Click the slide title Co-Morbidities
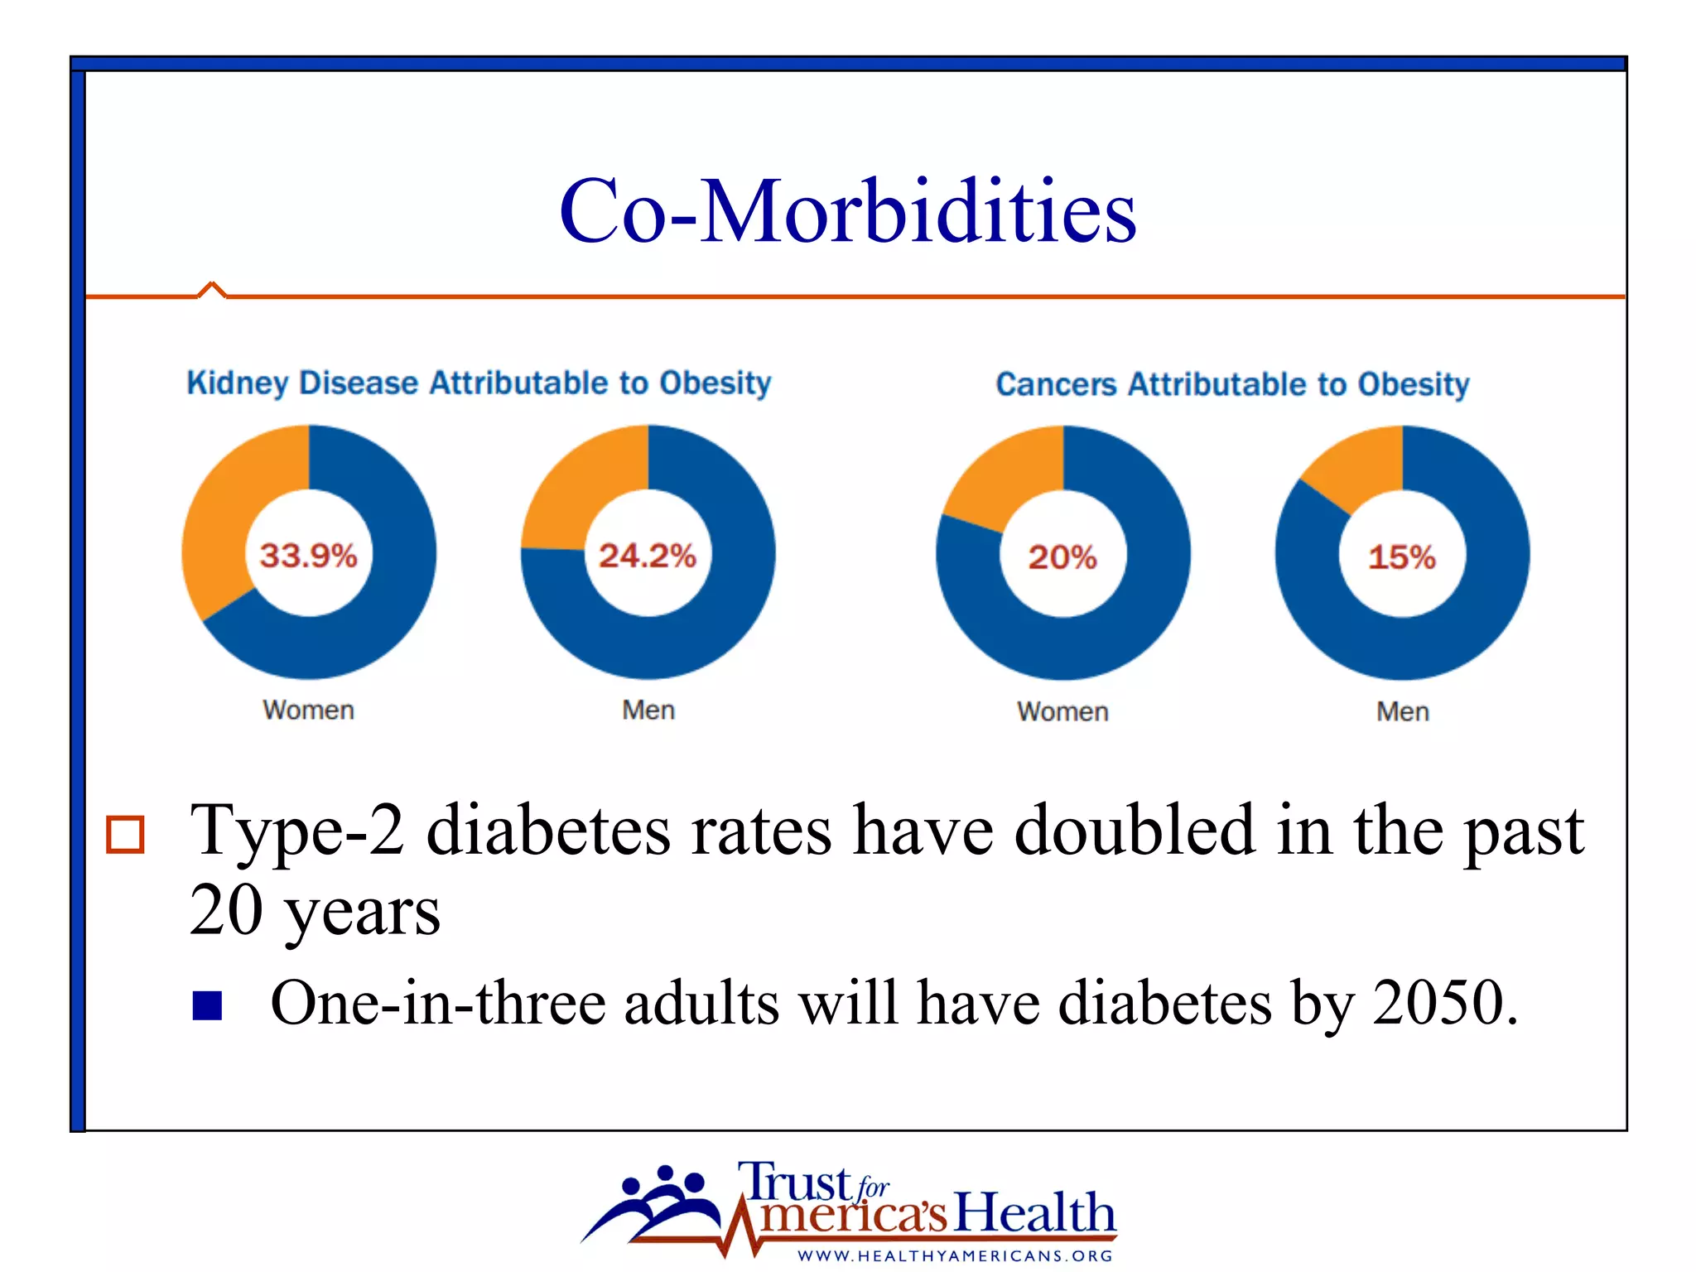click(x=847, y=211)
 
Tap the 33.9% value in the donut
click(x=308, y=555)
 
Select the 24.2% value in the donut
click(x=648, y=555)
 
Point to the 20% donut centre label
click(x=1062, y=556)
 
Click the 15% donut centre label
click(x=1401, y=556)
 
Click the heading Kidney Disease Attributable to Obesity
click(x=479, y=383)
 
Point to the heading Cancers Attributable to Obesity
click(x=1232, y=384)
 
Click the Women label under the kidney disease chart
click(x=308, y=710)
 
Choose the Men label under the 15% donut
click(x=1402, y=711)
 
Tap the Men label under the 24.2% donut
click(x=648, y=710)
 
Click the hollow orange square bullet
click(x=125, y=834)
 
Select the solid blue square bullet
click(x=207, y=1005)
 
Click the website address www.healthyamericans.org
click(x=955, y=1255)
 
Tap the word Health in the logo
click(x=1035, y=1212)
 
